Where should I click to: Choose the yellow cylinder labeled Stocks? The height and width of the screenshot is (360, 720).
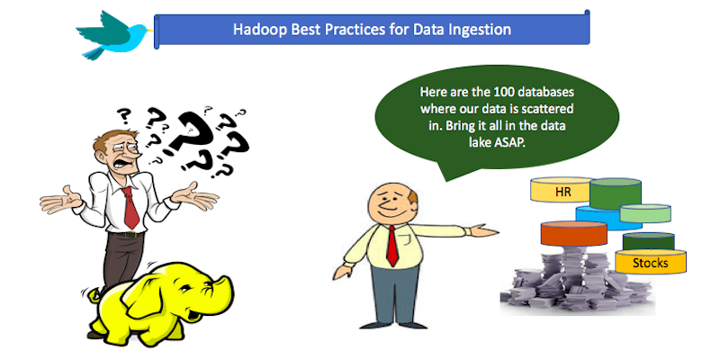pos(650,262)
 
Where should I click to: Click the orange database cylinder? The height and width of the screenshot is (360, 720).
pos(574,235)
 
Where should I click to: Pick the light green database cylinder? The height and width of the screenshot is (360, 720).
pos(645,214)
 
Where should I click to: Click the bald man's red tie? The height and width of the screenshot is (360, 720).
pos(394,242)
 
